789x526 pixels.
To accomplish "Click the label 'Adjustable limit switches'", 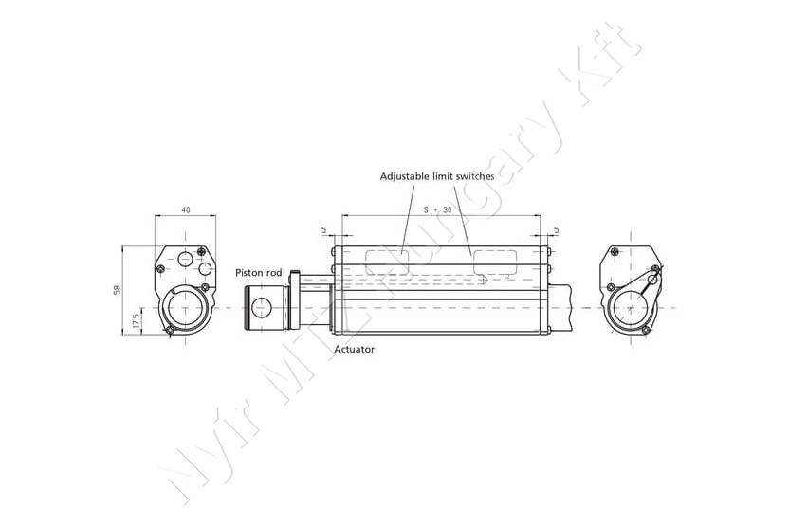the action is pos(437,176).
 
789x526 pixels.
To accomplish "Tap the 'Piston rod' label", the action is pos(259,273).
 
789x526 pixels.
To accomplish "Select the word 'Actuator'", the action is pos(355,349).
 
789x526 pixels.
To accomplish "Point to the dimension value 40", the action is pos(186,210).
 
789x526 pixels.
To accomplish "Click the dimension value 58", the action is pos(118,290).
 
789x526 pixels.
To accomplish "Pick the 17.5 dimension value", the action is pos(136,321).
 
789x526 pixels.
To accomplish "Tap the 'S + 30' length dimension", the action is pos(437,210).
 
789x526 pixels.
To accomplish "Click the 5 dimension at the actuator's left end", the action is pos(324,229).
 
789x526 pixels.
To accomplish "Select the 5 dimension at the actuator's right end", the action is pos(556,229).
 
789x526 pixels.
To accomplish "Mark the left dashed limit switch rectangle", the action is pos(387,263).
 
